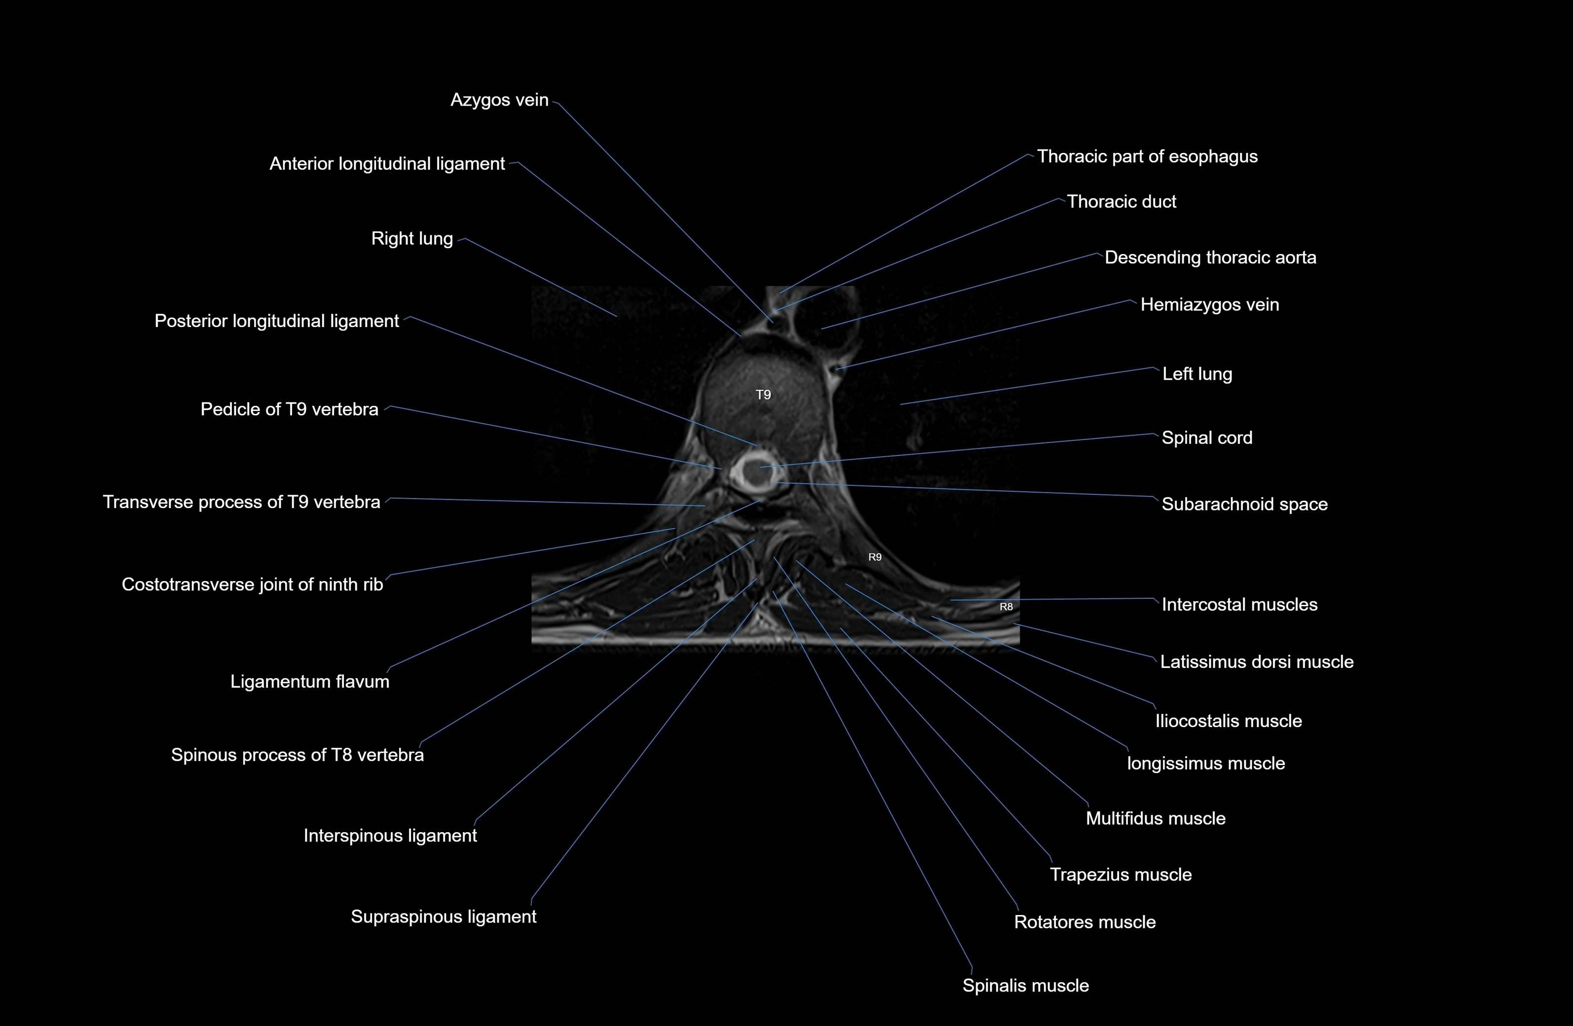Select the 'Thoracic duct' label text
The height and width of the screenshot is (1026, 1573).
[x=1121, y=201]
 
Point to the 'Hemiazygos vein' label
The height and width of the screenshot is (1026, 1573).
[x=1209, y=304]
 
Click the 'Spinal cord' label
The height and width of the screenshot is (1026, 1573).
[x=1206, y=438]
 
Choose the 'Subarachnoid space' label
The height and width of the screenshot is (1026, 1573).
[x=1244, y=504]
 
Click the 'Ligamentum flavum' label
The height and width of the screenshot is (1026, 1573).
[x=309, y=682]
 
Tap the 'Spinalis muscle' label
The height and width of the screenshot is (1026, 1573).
[x=1025, y=986]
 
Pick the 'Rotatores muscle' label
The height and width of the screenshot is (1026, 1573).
[x=1084, y=922]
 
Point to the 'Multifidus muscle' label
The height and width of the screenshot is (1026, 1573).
[x=1155, y=818]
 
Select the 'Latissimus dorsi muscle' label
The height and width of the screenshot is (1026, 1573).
[x=1256, y=662]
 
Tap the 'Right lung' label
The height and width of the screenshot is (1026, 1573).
[x=412, y=239]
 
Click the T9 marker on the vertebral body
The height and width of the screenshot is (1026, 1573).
[x=763, y=395]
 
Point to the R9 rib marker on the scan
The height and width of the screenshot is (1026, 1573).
[x=874, y=557]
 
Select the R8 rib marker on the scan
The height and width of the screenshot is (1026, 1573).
[x=1005, y=607]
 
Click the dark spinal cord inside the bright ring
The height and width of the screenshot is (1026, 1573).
[x=753, y=470]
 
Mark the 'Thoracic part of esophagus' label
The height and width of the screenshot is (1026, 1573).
[x=1147, y=156]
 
